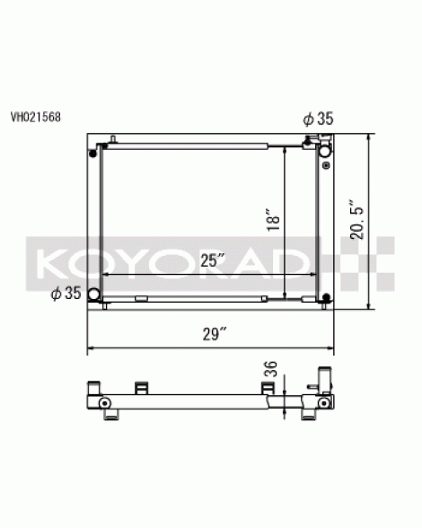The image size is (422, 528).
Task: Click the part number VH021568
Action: [36, 117]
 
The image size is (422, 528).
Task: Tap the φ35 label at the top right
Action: [318, 119]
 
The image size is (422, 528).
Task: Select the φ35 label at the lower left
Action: [66, 293]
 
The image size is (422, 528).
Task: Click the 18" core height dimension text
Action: [274, 220]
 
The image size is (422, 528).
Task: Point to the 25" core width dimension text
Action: [213, 260]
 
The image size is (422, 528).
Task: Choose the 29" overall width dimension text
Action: [215, 334]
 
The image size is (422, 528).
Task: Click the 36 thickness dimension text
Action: [270, 369]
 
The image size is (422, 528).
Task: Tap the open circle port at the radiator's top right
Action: [325, 151]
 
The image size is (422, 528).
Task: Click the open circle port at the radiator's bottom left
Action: [93, 295]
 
